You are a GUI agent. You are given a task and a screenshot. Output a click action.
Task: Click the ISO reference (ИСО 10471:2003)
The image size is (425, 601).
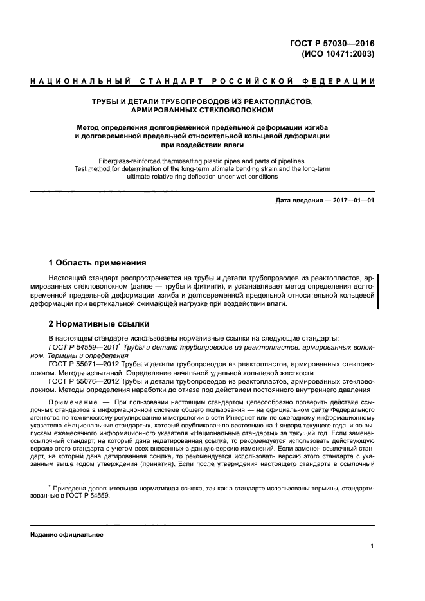(338, 54)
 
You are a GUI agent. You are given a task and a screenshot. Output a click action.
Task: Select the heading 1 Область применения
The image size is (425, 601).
(98, 263)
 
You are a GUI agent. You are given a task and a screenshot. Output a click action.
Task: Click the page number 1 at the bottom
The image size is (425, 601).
(372, 547)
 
